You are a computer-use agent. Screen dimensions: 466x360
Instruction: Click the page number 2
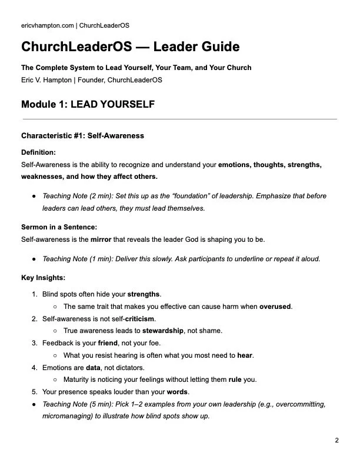pos(336,441)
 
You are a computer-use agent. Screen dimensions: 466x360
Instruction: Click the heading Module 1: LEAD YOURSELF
pos(88,105)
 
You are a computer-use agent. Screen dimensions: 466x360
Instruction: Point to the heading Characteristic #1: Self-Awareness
pos(82,136)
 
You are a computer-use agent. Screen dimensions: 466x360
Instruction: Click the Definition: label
pos(39,152)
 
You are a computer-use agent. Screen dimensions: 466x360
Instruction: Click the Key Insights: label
pos(43,277)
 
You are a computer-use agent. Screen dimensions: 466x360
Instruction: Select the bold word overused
pos(276,307)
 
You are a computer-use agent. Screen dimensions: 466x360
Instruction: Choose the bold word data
pos(93,367)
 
